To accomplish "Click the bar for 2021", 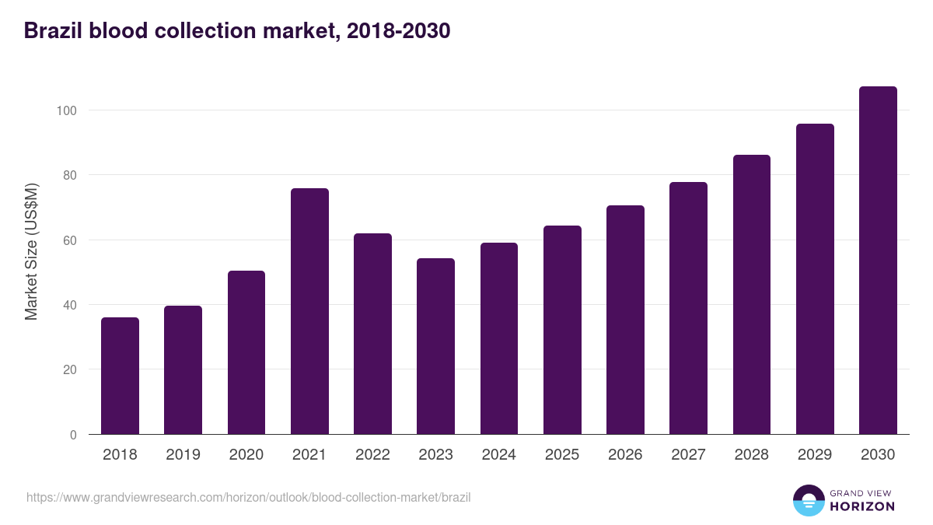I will pos(309,311).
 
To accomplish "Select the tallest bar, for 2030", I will pos(878,261).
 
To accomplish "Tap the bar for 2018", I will pos(120,376).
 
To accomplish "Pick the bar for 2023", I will pos(435,346).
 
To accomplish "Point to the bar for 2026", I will pos(625,320).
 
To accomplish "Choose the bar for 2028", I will pos(751,295).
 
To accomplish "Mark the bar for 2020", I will pos(246,352).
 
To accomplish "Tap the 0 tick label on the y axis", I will pos(73,435).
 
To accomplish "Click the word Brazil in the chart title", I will pos(53,31).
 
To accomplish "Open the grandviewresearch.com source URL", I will pos(248,497).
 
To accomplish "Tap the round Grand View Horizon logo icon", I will pos(808,500).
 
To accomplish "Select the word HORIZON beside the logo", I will pos(862,506).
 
